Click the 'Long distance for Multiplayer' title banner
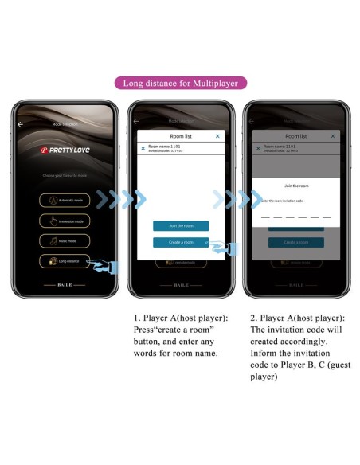(x=180, y=83)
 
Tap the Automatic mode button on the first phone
(x=65, y=201)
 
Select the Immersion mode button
(x=65, y=221)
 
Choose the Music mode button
(x=65, y=240)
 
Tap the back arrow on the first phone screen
(x=21, y=124)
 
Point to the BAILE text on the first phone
(x=64, y=284)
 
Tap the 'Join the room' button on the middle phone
(x=180, y=225)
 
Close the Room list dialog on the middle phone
(x=217, y=136)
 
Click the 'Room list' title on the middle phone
(x=180, y=136)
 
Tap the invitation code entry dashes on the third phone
(x=295, y=217)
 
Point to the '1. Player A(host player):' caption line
(x=180, y=318)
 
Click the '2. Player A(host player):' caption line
(x=296, y=318)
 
